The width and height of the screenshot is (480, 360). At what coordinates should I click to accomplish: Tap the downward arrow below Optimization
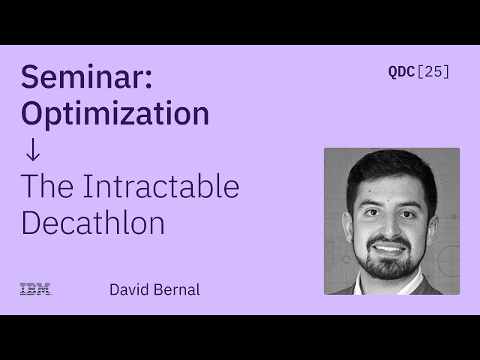(x=32, y=150)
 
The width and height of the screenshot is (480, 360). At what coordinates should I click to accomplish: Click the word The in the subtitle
(x=46, y=186)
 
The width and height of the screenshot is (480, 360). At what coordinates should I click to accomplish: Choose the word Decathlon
(x=93, y=223)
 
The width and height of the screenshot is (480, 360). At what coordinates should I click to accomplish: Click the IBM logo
(x=35, y=289)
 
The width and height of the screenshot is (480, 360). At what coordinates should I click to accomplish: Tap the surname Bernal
(x=177, y=289)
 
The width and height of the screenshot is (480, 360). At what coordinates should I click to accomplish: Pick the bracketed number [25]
(x=433, y=73)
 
